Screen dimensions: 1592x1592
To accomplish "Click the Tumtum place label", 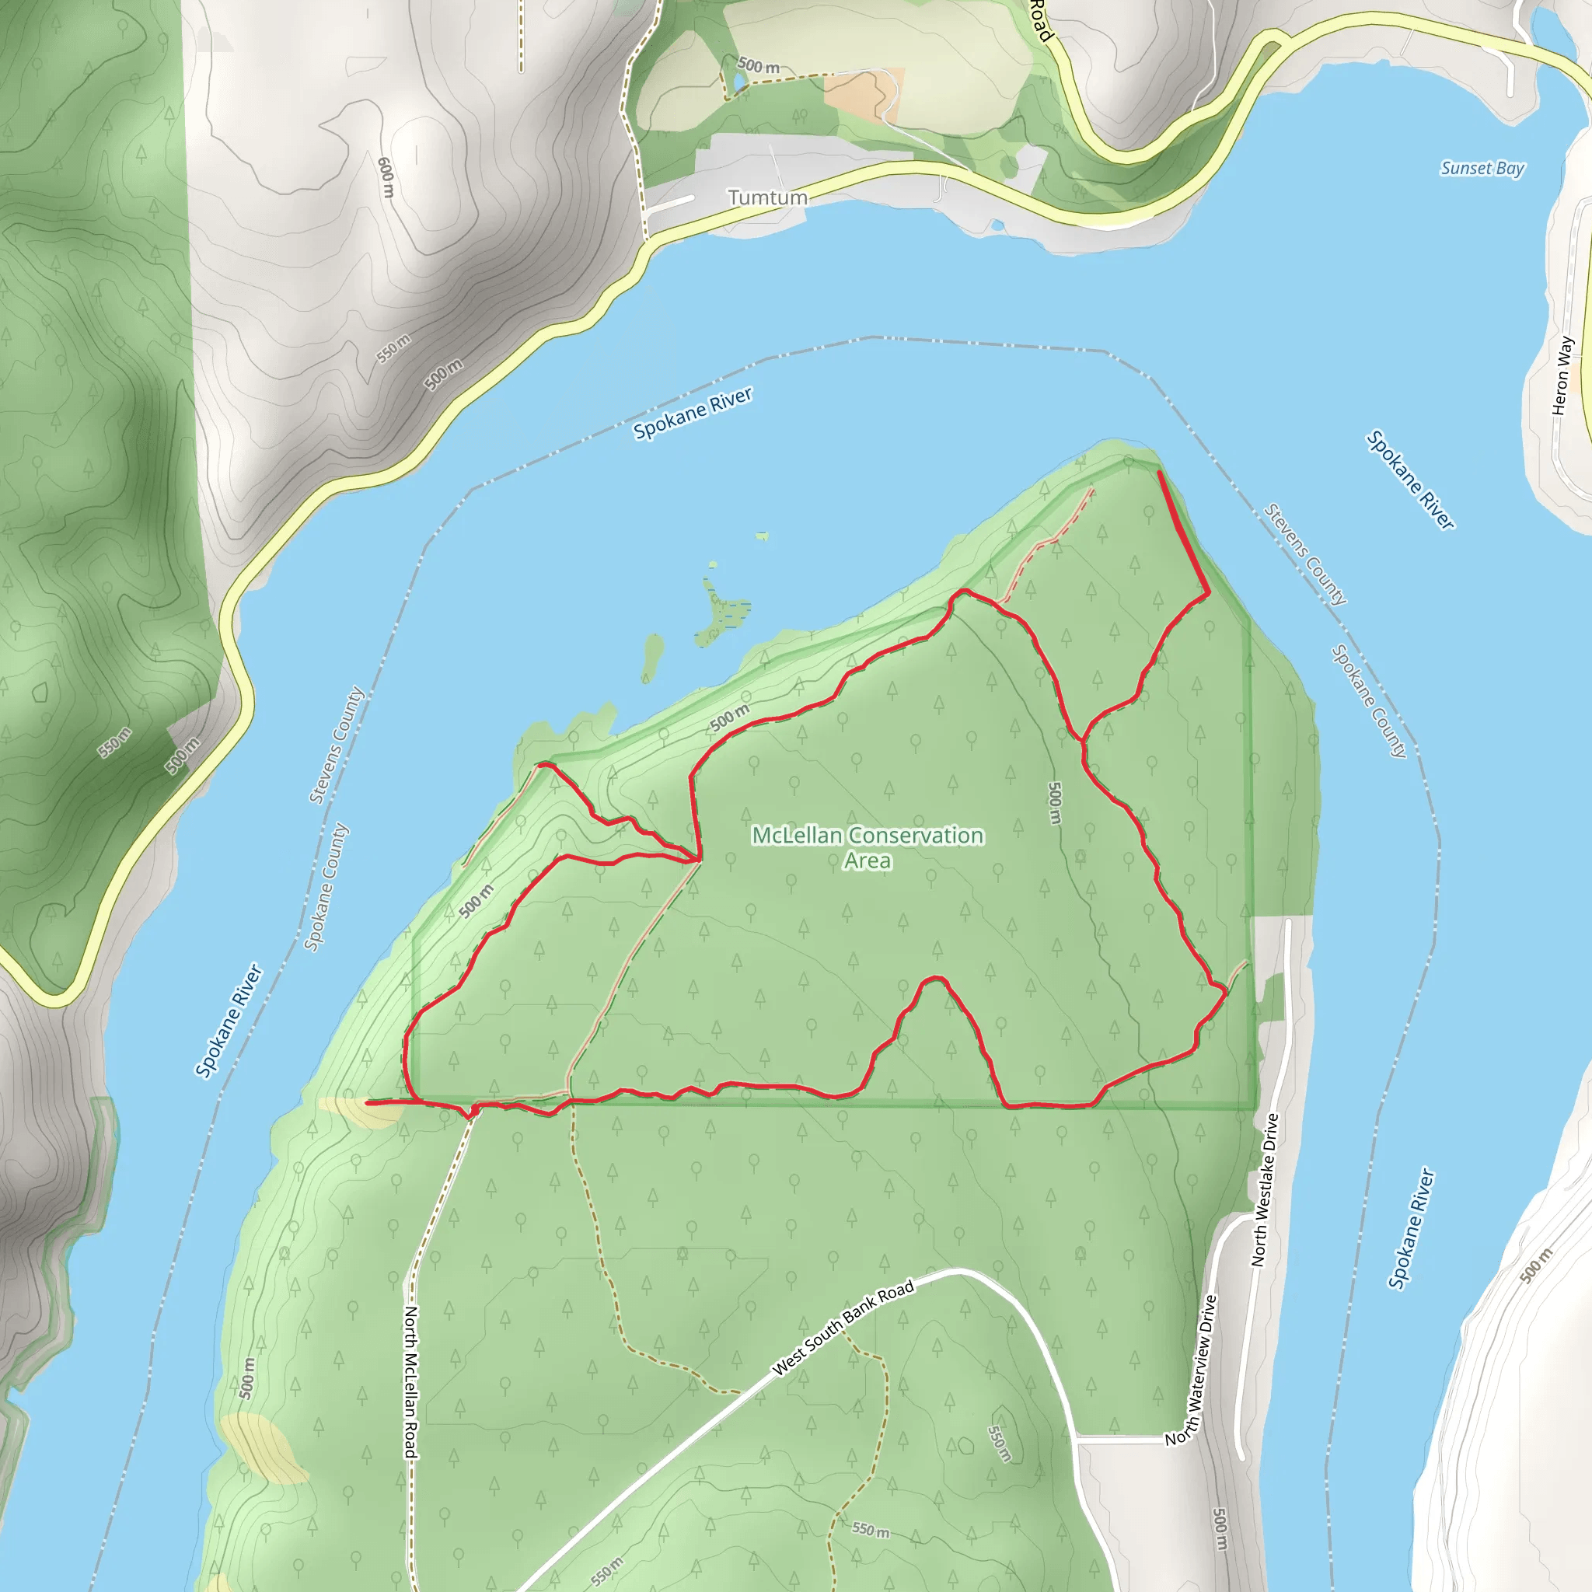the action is click(x=767, y=197).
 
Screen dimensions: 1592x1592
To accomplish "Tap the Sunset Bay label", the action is click(x=1482, y=168).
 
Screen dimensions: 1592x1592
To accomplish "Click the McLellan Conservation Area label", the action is click(x=868, y=847).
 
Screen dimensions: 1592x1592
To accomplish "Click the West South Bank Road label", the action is click(x=843, y=1328).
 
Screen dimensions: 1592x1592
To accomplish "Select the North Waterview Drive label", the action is click(x=1192, y=1370).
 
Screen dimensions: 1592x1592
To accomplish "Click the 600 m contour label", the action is click(x=386, y=177).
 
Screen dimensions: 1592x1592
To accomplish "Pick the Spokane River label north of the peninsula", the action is click(x=692, y=414).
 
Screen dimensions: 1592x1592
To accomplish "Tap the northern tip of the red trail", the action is click(x=1161, y=473).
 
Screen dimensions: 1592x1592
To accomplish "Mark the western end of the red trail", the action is click(x=368, y=1101).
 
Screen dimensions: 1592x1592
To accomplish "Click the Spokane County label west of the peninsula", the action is click(x=326, y=887).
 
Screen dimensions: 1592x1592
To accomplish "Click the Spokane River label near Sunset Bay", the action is click(x=1410, y=480).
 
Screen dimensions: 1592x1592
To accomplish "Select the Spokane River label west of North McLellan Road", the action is click(x=228, y=1020).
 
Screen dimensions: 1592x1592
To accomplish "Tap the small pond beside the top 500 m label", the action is click(x=730, y=81).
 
